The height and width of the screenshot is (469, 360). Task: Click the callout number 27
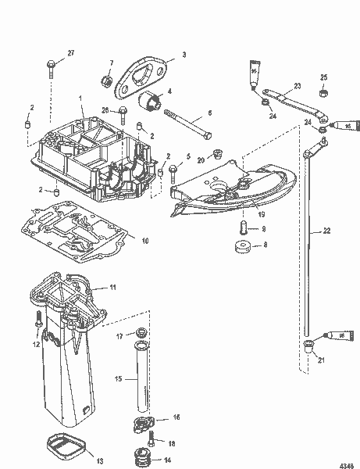click(x=72, y=52)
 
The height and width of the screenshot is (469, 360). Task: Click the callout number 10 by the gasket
click(x=144, y=241)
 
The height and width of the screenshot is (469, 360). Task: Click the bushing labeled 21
click(x=308, y=345)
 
